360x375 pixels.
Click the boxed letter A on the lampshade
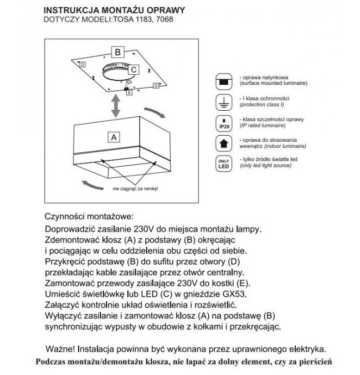(114, 136)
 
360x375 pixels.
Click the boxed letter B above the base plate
(118, 53)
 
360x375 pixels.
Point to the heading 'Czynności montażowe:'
(88, 215)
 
